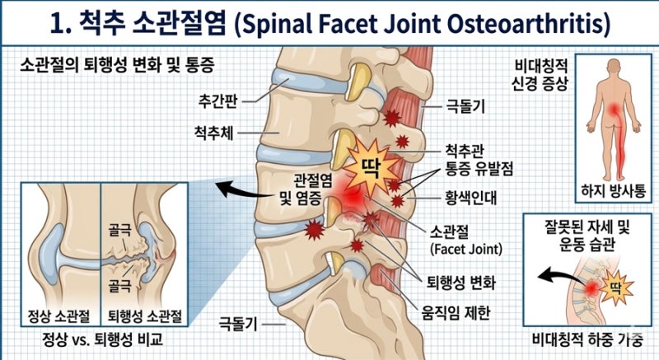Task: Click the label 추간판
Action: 217,101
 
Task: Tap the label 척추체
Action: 213,133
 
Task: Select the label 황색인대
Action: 470,198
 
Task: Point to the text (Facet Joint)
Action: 466,249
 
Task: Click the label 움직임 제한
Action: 456,312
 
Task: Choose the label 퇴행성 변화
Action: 461,283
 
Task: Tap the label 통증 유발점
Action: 479,169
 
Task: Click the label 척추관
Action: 465,151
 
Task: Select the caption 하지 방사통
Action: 613,191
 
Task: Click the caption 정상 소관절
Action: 58,316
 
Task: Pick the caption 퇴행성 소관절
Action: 145,316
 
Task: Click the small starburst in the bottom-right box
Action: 616,288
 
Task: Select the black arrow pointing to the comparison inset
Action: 245,191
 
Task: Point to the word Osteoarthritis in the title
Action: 523,24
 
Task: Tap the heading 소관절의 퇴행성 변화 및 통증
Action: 117,65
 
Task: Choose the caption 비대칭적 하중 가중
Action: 587,339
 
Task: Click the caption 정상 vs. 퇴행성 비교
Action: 102,339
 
